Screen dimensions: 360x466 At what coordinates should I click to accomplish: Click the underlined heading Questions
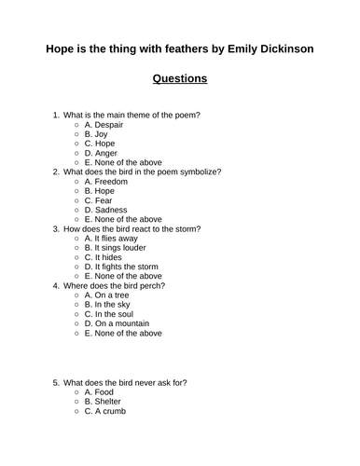tap(179, 78)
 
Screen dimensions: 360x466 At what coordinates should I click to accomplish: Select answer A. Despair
tap(105, 124)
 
